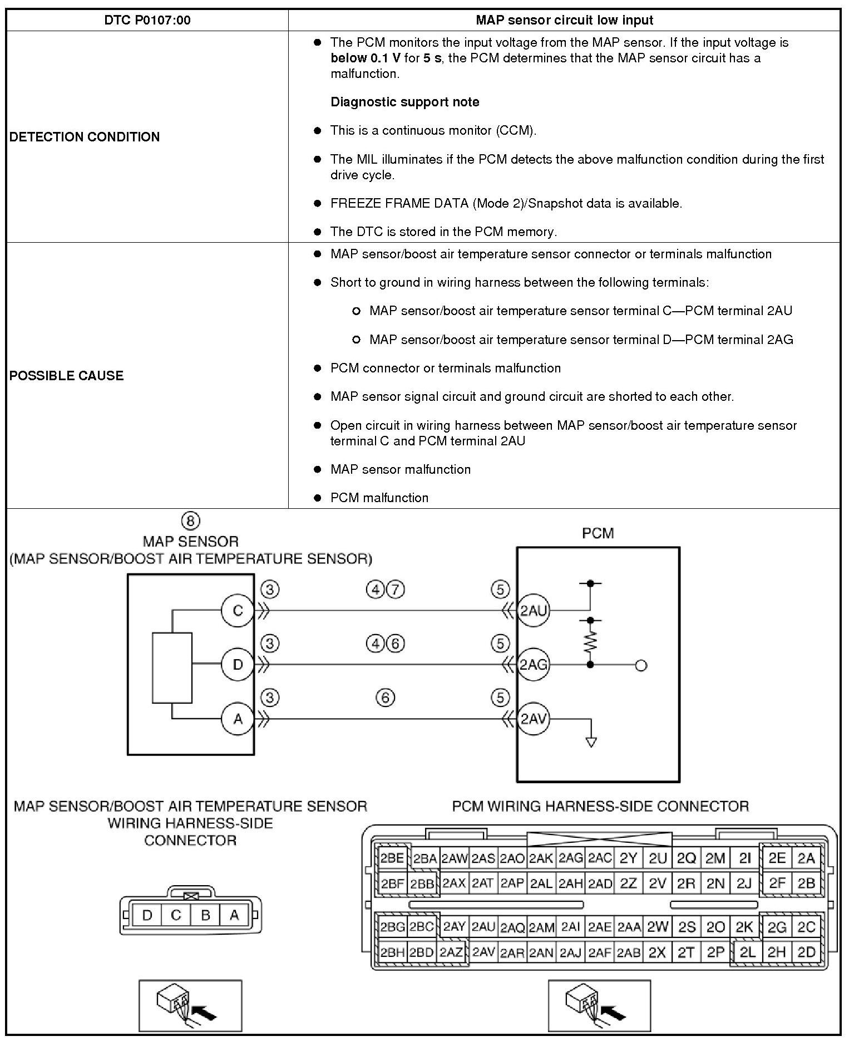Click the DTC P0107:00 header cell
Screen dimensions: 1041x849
click(147, 21)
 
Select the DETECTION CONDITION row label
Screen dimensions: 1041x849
click(85, 137)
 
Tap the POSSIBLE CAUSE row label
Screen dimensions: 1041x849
click(66, 376)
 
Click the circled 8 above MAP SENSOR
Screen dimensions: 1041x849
click(190, 521)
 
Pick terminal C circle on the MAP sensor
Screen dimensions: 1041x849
click(238, 611)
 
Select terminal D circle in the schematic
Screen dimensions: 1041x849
click(238, 664)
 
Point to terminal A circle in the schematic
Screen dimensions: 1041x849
click(238, 719)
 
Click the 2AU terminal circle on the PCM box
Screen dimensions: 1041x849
click(533, 611)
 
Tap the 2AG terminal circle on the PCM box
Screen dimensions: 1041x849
click(533, 664)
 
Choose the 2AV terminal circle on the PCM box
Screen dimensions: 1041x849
click(533, 719)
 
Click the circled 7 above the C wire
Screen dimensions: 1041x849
click(395, 590)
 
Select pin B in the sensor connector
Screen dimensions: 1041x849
click(205, 915)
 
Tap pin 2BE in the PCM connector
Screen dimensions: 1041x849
click(392, 858)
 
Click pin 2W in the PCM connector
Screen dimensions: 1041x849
click(657, 927)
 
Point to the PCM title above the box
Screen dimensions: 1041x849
click(598, 533)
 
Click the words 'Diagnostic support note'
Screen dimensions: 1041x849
click(404, 102)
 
